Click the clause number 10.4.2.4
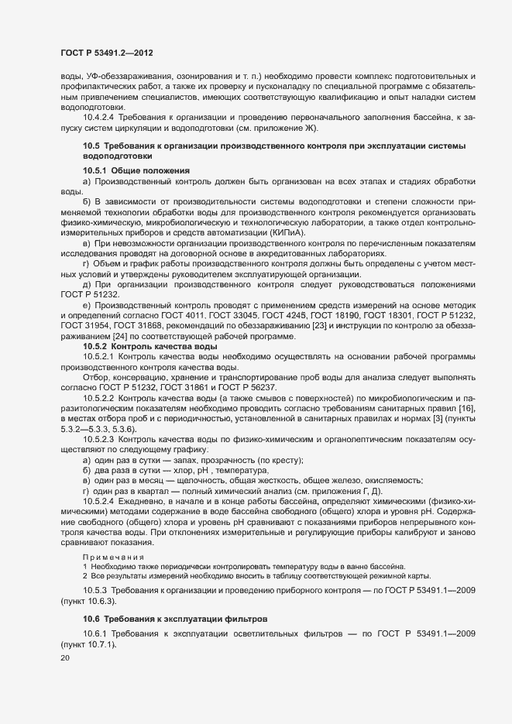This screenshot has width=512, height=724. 99,117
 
